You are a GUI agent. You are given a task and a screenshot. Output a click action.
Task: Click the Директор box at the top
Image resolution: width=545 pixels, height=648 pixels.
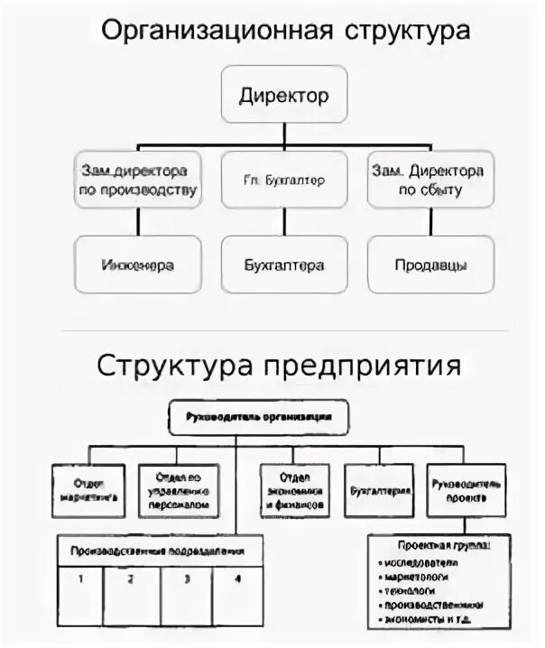coord(283,95)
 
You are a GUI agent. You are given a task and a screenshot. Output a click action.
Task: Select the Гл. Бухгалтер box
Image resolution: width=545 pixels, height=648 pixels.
coord(283,180)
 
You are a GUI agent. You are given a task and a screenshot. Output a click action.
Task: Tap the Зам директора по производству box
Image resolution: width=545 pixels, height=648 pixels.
coord(137,180)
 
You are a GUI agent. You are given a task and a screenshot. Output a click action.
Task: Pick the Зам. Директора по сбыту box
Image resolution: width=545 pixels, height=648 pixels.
coord(430,180)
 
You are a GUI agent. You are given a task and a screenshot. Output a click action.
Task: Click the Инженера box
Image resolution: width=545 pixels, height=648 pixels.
coord(137,264)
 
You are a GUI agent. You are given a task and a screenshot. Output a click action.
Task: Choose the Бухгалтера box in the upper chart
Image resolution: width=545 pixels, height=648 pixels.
coord(283,264)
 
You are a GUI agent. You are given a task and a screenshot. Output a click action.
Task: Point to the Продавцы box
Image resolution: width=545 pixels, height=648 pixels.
coord(430,264)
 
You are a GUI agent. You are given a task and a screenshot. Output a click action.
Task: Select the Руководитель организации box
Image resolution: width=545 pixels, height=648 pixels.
coord(258,417)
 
